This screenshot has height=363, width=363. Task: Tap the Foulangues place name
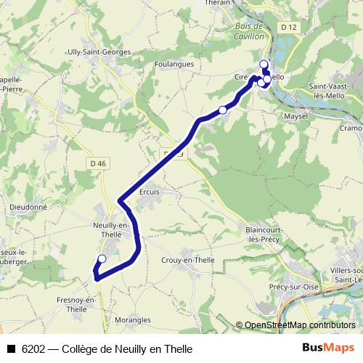pyautogui.click(x=172, y=64)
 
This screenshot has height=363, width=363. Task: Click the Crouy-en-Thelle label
pyautogui.click(x=187, y=260)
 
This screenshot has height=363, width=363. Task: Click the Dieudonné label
pyautogui.click(x=28, y=206)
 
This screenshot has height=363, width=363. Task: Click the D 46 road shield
pyautogui.click(x=99, y=163)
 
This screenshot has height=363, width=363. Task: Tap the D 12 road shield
pyautogui.click(x=288, y=27)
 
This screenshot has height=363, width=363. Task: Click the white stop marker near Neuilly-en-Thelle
pyautogui.click(x=102, y=258)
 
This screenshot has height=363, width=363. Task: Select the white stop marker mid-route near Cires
pyautogui.click(x=223, y=110)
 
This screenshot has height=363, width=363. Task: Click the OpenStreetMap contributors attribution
pyautogui.click(x=300, y=325)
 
